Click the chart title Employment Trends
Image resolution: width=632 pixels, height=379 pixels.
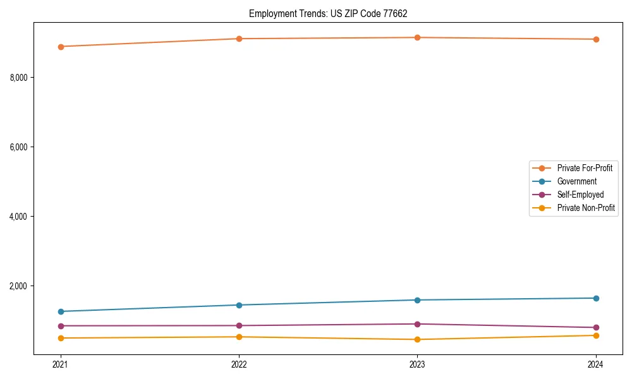click(x=332, y=13)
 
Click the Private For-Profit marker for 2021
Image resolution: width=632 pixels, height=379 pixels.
click(x=61, y=47)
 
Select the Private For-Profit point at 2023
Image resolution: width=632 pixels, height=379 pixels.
click(x=417, y=38)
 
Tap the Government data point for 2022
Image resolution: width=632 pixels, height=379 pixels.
click(x=239, y=305)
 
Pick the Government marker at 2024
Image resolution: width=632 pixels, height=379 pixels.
click(x=596, y=298)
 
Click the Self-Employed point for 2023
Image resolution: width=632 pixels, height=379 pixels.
click(x=417, y=324)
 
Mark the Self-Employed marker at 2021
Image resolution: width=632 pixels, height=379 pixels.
click(x=61, y=326)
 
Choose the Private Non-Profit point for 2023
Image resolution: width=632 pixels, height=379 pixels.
click(x=417, y=340)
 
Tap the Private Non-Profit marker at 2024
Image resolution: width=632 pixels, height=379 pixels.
click(x=596, y=335)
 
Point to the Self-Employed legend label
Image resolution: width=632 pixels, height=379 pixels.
click(x=580, y=195)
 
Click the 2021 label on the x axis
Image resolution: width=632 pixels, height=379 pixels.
click(x=61, y=364)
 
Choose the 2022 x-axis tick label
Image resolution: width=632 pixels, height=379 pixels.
click(x=239, y=364)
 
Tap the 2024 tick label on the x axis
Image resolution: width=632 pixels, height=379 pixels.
click(x=596, y=364)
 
